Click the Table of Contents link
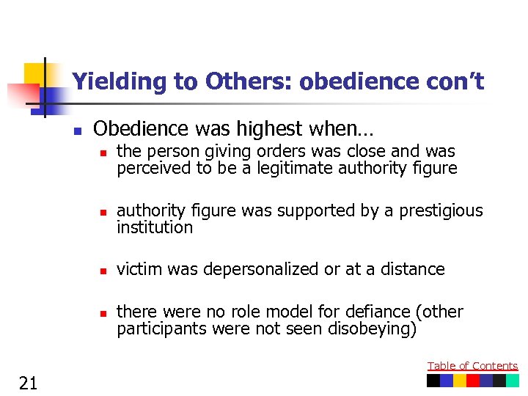pyautogui.click(x=472, y=366)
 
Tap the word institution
pyautogui.click(x=155, y=227)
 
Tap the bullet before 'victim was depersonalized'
pyautogui.click(x=103, y=271)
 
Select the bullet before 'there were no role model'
pyautogui.click(x=103, y=314)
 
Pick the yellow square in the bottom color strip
pyautogui.click(x=460, y=381)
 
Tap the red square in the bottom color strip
pyautogui.click(x=473, y=381)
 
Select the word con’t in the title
pyautogui.click(x=455, y=81)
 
